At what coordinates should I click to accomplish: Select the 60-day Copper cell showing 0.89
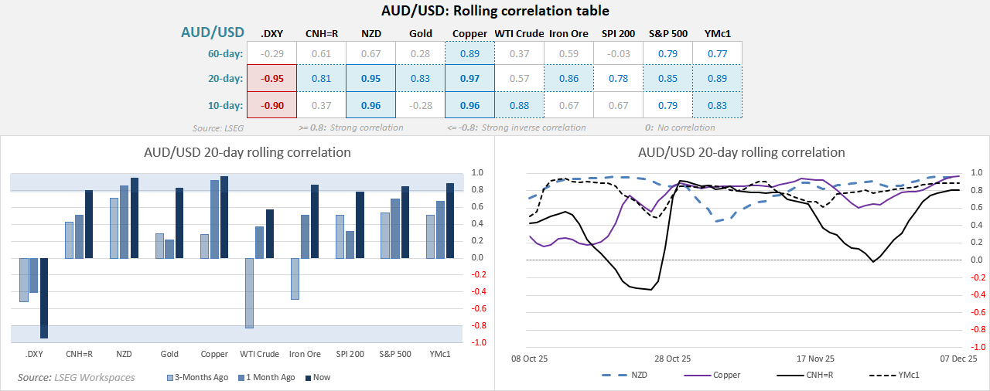pyautogui.click(x=469, y=53)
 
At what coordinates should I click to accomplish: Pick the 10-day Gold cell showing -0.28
pyautogui.click(x=420, y=104)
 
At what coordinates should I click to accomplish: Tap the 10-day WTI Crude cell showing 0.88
pyautogui.click(x=519, y=104)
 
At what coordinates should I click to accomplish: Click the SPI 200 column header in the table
pyautogui.click(x=618, y=33)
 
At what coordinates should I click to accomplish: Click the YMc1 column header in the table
pyautogui.click(x=717, y=33)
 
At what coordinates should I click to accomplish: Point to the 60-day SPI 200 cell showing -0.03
pyautogui.click(x=618, y=53)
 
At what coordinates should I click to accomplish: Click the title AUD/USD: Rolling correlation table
pyautogui.click(x=495, y=11)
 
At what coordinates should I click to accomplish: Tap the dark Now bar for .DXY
pyautogui.click(x=44, y=297)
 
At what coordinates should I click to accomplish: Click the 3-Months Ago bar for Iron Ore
pyautogui.click(x=295, y=278)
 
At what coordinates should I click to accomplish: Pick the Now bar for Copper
pyautogui.click(x=224, y=217)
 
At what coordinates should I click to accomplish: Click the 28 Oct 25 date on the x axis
pyautogui.click(x=671, y=359)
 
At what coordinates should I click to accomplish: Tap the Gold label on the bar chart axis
pyautogui.click(x=169, y=354)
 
